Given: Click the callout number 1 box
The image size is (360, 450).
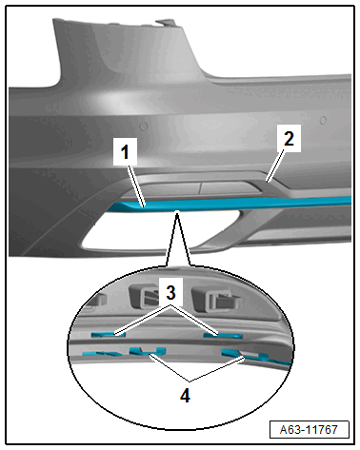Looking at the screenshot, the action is (x=125, y=151).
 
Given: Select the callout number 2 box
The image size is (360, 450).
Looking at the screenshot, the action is (x=289, y=139).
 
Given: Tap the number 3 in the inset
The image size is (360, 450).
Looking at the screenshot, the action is (x=170, y=292).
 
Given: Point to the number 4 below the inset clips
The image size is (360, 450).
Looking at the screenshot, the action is (x=185, y=395).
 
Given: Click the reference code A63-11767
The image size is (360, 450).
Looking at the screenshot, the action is (x=309, y=430).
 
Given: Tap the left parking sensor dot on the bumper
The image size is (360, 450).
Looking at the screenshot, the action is (x=144, y=127).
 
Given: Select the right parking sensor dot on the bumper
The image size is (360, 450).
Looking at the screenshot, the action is (x=323, y=120).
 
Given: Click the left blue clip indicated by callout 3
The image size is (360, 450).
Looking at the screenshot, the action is (x=108, y=334).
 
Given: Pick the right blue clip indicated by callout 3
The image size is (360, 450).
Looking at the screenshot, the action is (x=223, y=335).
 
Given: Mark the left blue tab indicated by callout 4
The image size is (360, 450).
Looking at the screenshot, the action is (x=148, y=350).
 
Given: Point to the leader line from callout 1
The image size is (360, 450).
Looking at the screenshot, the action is (x=136, y=186).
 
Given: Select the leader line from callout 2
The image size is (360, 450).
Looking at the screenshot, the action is (x=275, y=166).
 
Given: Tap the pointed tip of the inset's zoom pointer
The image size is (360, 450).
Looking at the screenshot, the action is (x=178, y=211).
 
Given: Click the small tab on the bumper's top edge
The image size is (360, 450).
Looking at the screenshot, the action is (x=165, y=23).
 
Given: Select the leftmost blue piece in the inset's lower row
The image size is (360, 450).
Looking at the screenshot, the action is (x=101, y=353).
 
